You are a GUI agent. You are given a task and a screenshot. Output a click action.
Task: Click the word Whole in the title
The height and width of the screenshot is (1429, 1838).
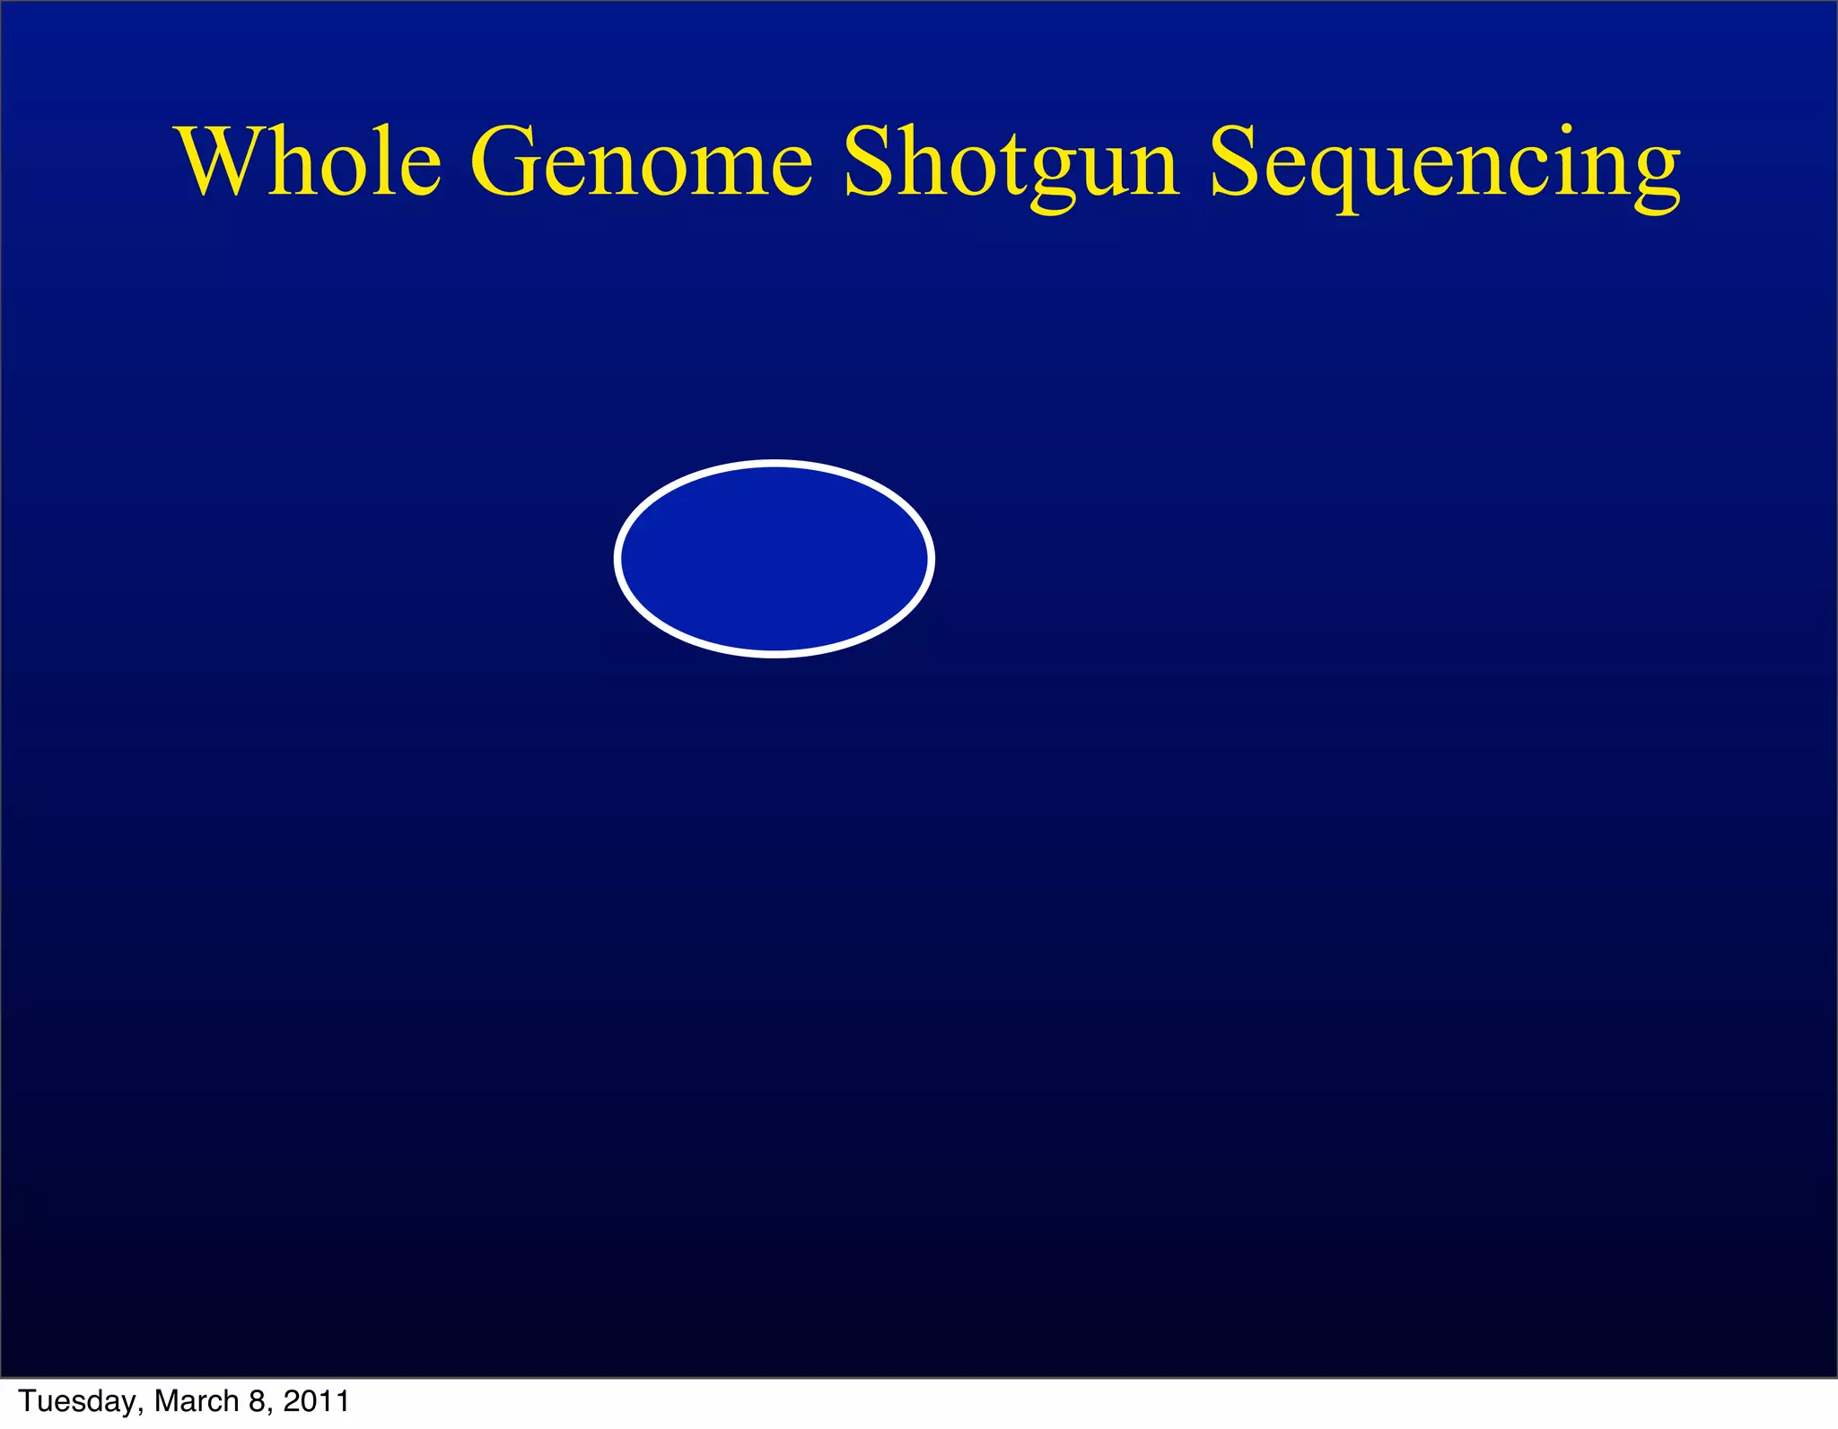pyautogui.click(x=311, y=161)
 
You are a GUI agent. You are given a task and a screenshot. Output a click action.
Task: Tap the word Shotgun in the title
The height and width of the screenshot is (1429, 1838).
pyautogui.click(x=1011, y=163)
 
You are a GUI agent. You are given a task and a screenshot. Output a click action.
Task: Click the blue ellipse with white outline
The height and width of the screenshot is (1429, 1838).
pyautogui.click(x=775, y=559)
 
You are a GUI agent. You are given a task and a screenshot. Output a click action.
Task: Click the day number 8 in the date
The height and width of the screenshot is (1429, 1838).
pyautogui.click(x=258, y=1400)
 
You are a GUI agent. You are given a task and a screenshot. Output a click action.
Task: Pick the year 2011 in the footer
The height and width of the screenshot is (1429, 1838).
pyautogui.click(x=316, y=1400)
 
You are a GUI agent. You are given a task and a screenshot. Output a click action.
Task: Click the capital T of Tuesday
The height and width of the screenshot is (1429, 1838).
pyautogui.click(x=27, y=1400)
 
